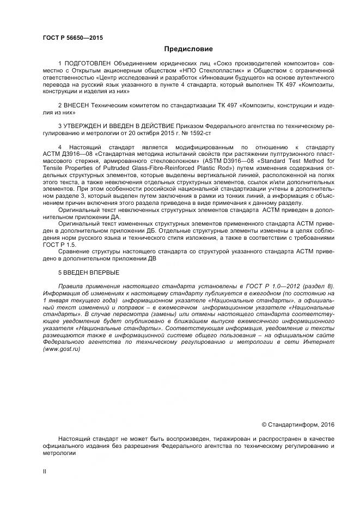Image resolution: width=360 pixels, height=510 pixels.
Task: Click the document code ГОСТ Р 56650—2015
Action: [72, 38]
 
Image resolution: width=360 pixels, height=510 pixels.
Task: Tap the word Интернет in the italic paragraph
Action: [320, 342]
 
